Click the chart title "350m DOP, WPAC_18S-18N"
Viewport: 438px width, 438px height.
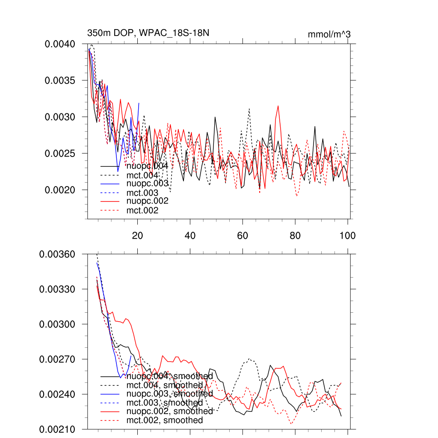pos(148,33)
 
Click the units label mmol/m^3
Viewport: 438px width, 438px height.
pos(329,34)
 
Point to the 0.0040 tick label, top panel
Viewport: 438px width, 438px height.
pos(60,44)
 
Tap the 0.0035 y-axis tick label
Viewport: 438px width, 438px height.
pos(60,80)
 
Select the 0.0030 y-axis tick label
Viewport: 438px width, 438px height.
pos(60,117)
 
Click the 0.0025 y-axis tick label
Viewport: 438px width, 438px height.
pos(60,153)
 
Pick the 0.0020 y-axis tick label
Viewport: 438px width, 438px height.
pos(60,189)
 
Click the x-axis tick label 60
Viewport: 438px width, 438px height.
pos(243,235)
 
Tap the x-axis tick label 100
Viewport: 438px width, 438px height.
pos(347,235)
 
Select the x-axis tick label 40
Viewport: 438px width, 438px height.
pos(190,235)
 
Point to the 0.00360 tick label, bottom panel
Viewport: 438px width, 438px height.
pos(57,254)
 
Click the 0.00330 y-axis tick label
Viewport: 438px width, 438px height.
pos(57,289)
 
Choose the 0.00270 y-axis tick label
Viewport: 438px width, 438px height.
pos(57,359)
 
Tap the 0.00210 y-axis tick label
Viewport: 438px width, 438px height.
pos(57,429)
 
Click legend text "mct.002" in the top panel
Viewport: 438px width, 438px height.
pos(142,210)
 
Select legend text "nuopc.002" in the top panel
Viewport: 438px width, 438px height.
pos(147,201)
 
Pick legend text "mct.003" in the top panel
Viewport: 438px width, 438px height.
pos(142,193)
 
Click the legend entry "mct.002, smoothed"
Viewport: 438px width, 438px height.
pos(165,420)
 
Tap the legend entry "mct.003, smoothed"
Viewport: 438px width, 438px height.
pos(165,402)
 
